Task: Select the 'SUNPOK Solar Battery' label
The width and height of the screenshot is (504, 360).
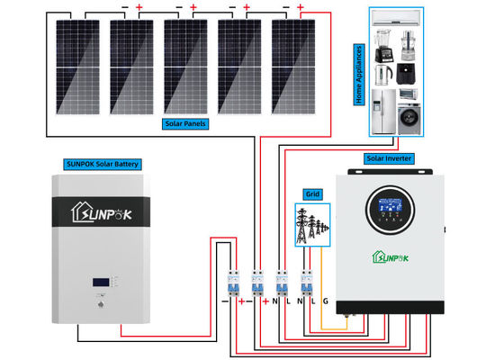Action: pyautogui.click(x=103, y=164)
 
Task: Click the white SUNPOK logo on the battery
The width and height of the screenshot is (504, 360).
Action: pyautogui.click(x=102, y=214)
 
